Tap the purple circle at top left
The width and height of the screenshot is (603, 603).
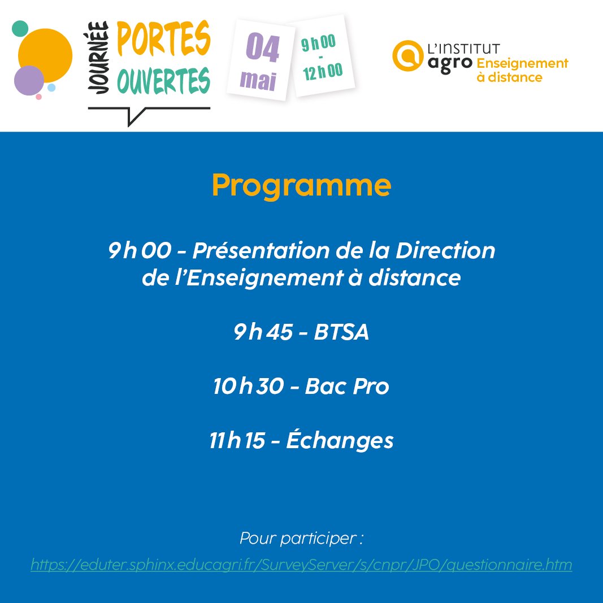28,80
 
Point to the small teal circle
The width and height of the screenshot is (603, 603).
20,28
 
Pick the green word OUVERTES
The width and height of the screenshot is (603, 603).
163,82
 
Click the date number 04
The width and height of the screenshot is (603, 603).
262,49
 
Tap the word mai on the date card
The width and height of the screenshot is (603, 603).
258,80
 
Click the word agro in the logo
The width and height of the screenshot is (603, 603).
450,62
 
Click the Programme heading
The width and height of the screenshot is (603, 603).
301,185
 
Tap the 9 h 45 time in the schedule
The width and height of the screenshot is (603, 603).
263,333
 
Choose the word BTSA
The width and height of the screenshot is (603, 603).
341,333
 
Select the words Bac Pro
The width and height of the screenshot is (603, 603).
347,387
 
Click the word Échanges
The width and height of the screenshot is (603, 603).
340,441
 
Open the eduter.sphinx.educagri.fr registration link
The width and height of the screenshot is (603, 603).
301,564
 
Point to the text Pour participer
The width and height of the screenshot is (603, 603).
301,538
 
